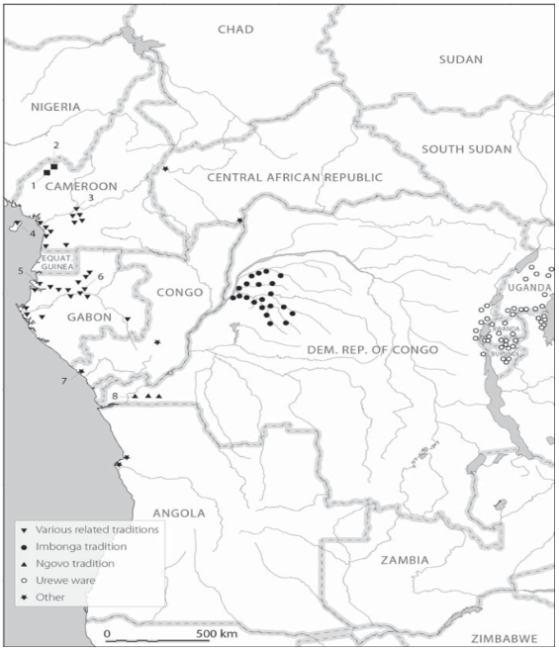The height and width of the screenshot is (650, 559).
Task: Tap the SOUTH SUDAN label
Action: (x=467, y=149)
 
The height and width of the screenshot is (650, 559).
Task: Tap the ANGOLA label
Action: (x=178, y=512)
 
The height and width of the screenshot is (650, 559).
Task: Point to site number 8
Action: (x=115, y=397)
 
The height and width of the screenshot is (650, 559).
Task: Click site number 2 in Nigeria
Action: (x=56, y=145)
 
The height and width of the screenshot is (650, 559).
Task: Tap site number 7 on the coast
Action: (x=65, y=381)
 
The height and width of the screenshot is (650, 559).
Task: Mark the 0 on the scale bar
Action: (x=106, y=633)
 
